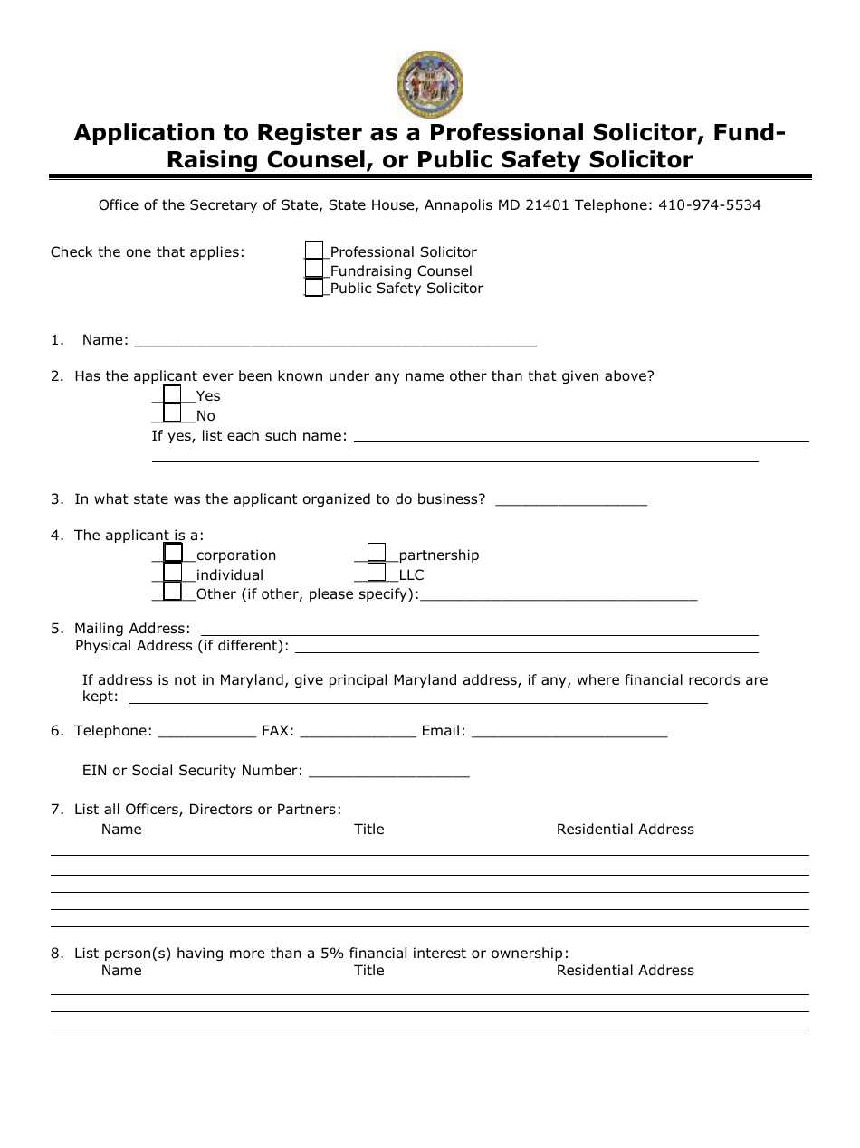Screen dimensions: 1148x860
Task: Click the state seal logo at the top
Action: [x=430, y=84]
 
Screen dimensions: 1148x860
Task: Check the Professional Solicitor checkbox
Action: [x=314, y=251]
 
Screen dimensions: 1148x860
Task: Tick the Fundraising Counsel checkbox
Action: [x=314, y=270]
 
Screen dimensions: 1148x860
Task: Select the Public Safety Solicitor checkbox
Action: [x=314, y=288]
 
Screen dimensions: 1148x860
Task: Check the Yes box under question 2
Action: [x=172, y=395]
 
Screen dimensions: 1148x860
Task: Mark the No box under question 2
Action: [x=172, y=414]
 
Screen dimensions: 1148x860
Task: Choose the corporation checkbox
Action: [x=172, y=553]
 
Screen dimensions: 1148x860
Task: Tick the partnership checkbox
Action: [x=377, y=553]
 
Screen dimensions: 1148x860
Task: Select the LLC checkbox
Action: [x=377, y=573]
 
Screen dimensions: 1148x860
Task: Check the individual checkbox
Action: [x=172, y=573]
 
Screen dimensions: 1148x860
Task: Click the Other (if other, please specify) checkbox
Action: [x=172, y=593]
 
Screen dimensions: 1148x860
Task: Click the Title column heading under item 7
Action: [x=368, y=830]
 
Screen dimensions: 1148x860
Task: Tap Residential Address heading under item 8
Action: [x=625, y=971]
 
